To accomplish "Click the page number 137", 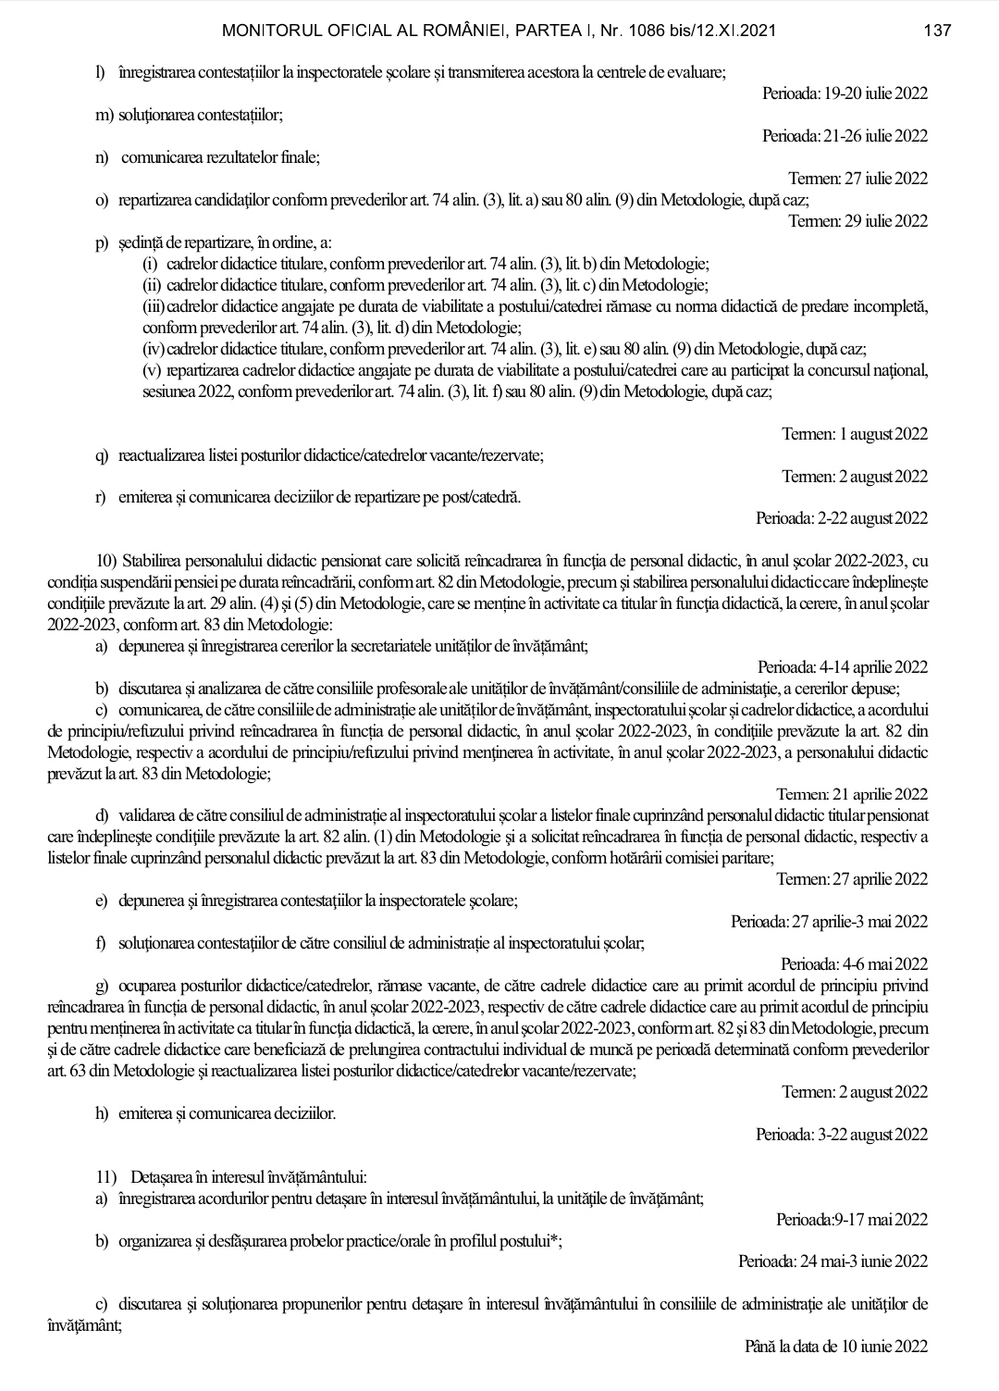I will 938,31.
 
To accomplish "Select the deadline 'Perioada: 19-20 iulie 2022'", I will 845,93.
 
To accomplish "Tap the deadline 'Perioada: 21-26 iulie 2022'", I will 845,136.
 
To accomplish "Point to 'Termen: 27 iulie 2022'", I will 857,179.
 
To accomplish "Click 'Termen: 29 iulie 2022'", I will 857,220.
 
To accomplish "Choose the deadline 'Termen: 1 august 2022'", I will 855,434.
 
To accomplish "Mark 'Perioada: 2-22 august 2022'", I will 842,518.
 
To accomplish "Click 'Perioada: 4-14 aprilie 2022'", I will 843,667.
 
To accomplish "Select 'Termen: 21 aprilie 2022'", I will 852,794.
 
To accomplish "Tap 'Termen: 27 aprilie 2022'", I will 852,878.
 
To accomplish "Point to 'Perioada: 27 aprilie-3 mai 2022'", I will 829,921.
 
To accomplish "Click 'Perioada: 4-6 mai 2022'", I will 854,963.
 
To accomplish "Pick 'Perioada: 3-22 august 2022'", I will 842,1134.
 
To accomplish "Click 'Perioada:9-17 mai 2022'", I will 852,1220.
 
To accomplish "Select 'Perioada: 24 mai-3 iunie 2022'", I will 832,1261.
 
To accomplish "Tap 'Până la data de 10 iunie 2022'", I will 836,1346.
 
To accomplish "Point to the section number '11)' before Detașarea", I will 106,1178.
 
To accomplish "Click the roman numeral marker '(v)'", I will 152,370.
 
